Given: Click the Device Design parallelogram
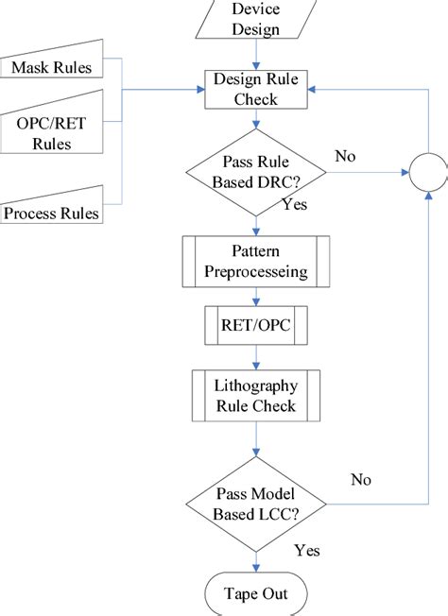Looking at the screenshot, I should [256, 19].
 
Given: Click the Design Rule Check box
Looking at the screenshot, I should [256, 90].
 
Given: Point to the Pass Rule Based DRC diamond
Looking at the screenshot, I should [256, 170].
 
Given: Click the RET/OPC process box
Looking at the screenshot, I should [256, 327].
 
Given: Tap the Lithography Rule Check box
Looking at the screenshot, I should [256, 396].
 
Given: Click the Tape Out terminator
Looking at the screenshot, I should [256, 594].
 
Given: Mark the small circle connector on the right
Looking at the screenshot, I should [429, 171].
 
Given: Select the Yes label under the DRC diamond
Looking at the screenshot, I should [295, 203].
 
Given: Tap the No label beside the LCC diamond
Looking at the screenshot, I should [360, 480].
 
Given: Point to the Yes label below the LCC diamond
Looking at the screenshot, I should [307, 550].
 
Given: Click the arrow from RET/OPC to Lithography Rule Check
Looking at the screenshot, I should [256, 359].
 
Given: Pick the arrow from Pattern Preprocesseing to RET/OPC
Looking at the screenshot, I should [256, 297].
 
